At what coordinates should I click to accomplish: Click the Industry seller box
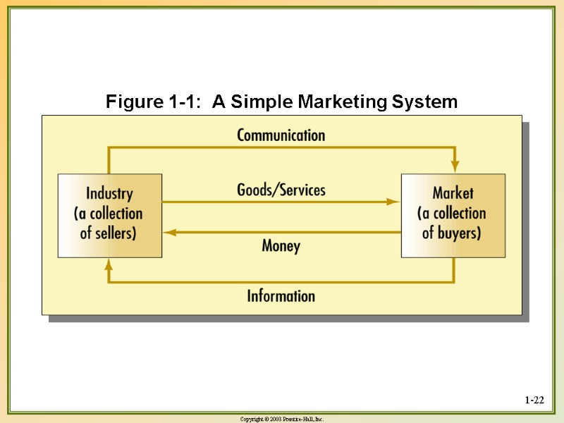pos(110,215)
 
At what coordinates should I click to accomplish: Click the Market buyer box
pos(453,215)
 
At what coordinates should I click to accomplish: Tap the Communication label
pos(281,135)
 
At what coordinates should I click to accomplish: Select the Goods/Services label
pos(281,190)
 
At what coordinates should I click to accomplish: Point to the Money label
pos(281,245)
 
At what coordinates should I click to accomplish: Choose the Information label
pos(281,295)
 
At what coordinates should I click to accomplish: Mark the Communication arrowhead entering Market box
pos(455,166)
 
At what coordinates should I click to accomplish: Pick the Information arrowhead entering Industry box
pos(109,265)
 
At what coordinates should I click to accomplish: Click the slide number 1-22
pos(534,401)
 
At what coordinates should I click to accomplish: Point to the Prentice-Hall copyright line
pos(282,419)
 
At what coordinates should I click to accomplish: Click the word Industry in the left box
pos(109,194)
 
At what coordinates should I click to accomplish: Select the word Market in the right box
pos(453,193)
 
